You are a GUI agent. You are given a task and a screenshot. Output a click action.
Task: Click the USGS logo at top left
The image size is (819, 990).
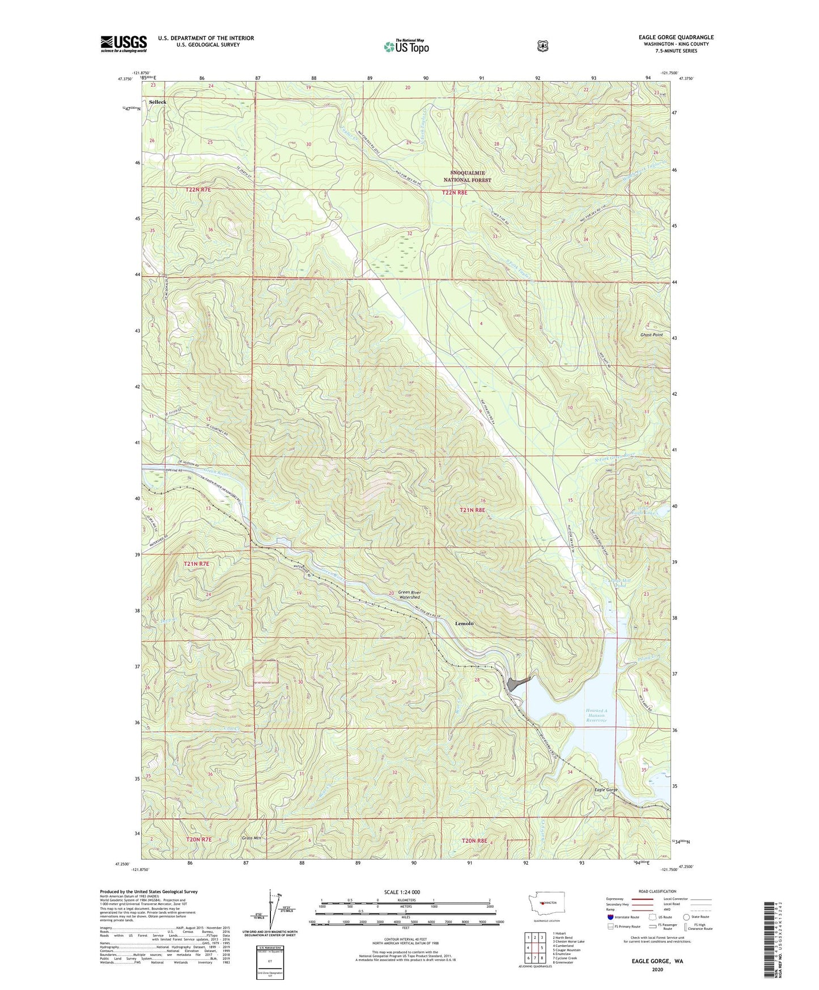(124, 44)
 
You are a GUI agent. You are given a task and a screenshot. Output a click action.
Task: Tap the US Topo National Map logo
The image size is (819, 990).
(406, 46)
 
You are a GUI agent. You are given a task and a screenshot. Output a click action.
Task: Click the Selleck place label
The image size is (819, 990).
(158, 102)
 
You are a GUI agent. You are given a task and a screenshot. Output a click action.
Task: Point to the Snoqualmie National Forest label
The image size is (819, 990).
(467, 176)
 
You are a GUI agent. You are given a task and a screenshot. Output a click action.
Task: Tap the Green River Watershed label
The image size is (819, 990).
(409, 594)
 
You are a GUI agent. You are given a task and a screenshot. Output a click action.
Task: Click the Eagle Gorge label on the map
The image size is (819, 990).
(605, 790)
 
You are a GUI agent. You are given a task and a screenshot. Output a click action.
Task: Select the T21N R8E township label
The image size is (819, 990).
(472, 510)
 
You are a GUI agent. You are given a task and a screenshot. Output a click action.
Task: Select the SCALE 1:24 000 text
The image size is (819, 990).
(402, 892)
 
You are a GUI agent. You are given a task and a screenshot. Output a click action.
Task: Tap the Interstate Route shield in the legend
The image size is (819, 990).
(609, 917)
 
